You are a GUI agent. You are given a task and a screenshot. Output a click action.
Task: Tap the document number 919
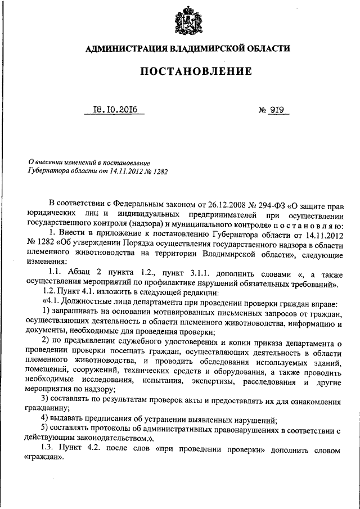point(275,110)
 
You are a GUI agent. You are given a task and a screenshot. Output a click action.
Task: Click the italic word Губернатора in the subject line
point(48,168)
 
